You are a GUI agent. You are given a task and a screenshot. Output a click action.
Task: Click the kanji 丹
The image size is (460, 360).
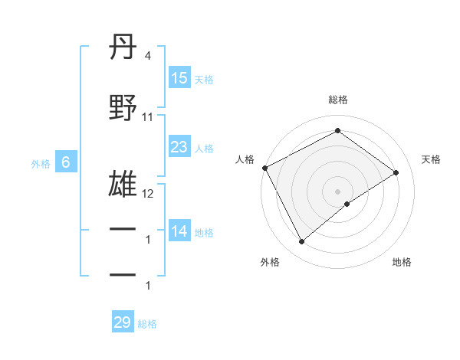pos(123,48)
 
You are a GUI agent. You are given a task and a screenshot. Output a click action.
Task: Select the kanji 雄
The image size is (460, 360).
pos(123,185)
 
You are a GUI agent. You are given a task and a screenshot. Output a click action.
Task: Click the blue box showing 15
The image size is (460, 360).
pos(179,78)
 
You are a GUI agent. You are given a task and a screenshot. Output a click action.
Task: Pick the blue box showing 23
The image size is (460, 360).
pos(179,147)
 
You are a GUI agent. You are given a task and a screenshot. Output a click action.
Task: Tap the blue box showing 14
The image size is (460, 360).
pos(179,231)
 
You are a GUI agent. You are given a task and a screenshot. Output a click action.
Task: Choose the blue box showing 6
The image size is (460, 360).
pos(66,162)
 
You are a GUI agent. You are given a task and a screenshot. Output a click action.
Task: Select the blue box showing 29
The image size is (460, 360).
pos(123,322)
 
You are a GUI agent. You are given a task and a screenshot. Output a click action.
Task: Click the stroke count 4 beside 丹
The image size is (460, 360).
pos(147,56)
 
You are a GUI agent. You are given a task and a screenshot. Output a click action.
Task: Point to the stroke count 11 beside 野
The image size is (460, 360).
pos(148,117)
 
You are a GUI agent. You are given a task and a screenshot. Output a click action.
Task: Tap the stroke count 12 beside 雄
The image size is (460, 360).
pos(148,194)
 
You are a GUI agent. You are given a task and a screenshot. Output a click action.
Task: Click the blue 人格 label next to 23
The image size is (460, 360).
pos(205,148)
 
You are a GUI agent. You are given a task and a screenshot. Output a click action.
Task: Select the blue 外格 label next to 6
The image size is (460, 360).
pos(41,163)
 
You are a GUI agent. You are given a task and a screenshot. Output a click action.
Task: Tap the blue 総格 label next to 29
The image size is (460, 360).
pos(147,324)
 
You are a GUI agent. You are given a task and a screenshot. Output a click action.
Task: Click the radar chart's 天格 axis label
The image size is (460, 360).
pos(431,159)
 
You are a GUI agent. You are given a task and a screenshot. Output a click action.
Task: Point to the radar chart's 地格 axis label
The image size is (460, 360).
pos(402,262)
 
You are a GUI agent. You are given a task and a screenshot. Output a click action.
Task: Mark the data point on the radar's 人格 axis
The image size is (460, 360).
pos(264,168)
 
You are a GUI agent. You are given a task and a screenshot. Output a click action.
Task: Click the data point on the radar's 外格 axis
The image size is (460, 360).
pos(301,242)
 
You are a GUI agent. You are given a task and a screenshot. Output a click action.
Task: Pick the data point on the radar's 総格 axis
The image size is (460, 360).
pos(337,131)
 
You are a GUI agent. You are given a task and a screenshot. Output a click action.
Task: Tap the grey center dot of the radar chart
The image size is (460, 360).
pos(337,191)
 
